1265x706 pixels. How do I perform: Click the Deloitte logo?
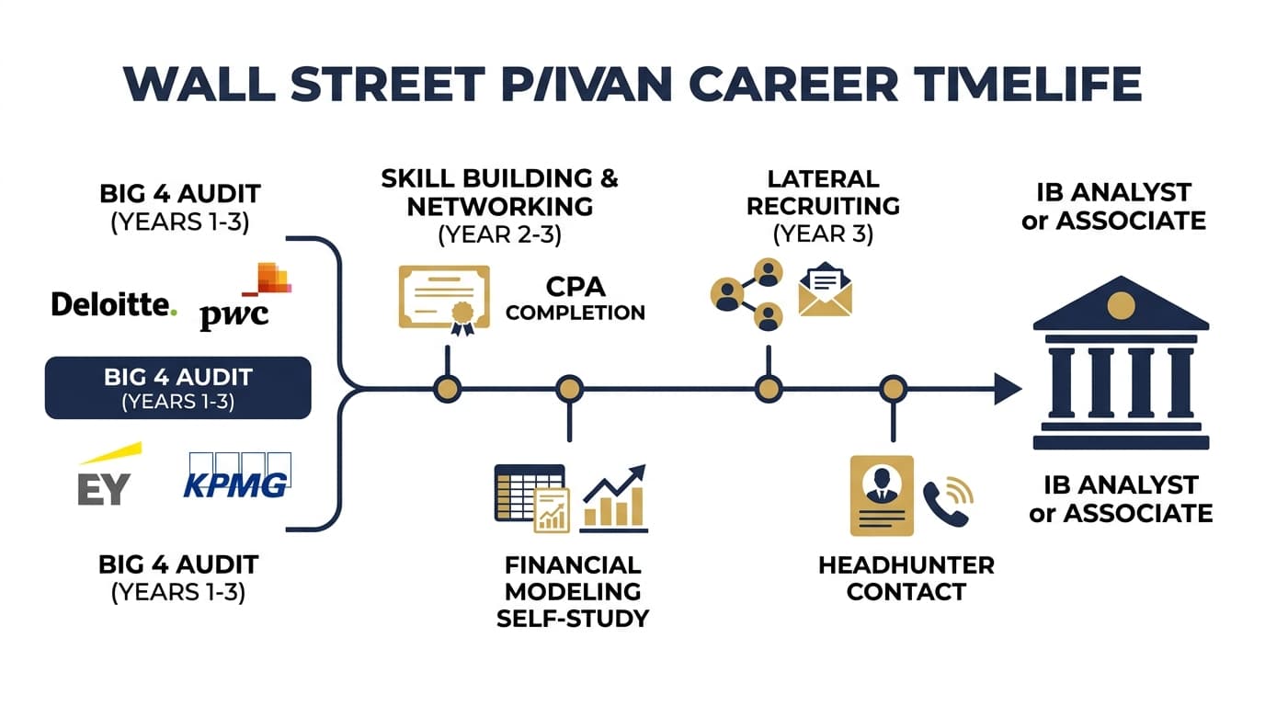pyautogui.click(x=113, y=304)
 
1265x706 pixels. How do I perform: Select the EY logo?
pyautogui.click(x=106, y=478)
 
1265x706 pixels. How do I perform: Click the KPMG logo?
pyautogui.click(x=236, y=475)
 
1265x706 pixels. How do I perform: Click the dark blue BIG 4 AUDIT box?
pyautogui.click(x=177, y=387)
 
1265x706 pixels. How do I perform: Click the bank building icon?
pyautogui.click(x=1120, y=363)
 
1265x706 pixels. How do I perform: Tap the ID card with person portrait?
pyautogui.click(x=881, y=494)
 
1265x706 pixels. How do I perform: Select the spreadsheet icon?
pyautogui.click(x=530, y=494)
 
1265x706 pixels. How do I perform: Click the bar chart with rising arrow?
pyautogui.click(x=614, y=499)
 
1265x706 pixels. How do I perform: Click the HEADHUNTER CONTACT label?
pyautogui.click(x=906, y=577)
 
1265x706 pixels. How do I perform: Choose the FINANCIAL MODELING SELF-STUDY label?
pyautogui.click(x=572, y=590)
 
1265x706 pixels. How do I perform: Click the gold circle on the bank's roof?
pyautogui.click(x=1120, y=305)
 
